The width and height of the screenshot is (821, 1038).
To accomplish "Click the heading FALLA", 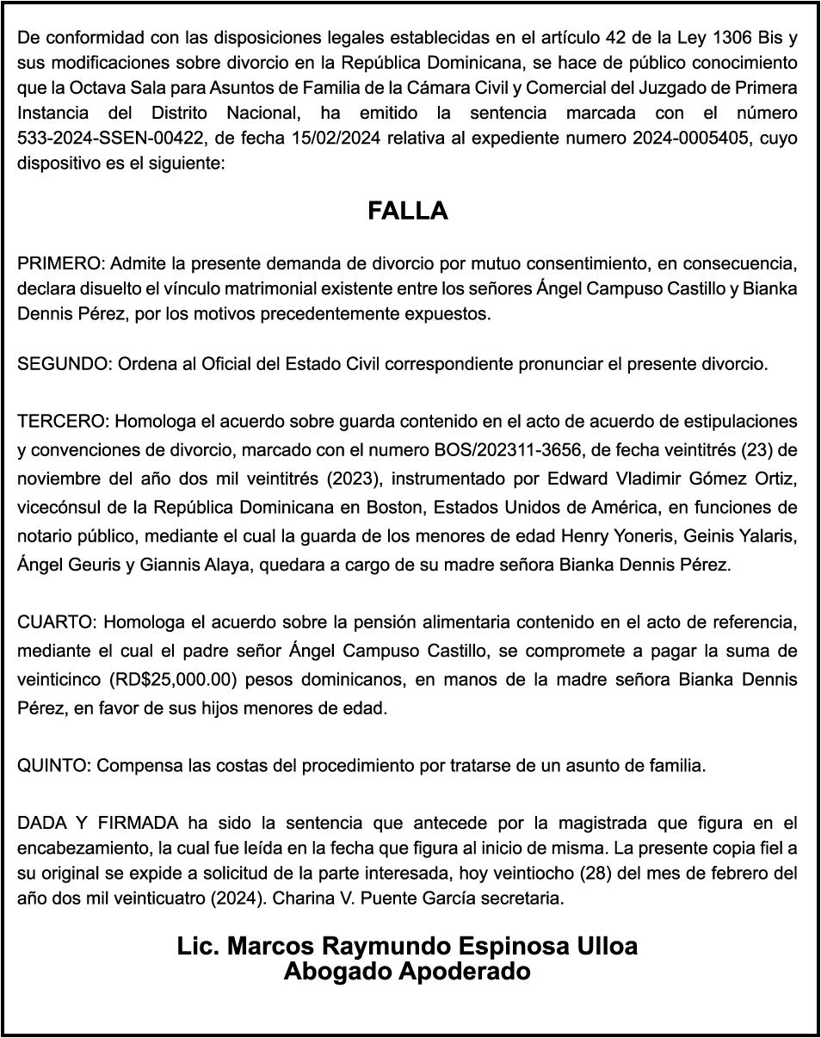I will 408,212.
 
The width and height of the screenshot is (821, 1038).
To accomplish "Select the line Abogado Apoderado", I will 407,973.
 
